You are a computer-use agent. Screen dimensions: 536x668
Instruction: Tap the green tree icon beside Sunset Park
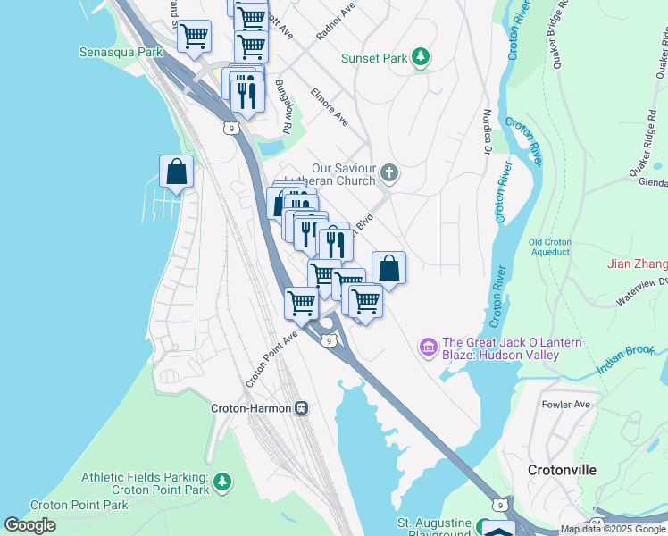tap(420, 59)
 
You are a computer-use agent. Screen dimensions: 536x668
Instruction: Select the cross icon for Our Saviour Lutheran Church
tap(388, 172)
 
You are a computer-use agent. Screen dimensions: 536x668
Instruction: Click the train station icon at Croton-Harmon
tap(302, 408)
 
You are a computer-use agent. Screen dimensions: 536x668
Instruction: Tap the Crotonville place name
tap(561, 470)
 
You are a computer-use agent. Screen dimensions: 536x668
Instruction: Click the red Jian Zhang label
tap(637, 264)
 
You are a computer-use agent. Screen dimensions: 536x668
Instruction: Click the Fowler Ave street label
tap(567, 405)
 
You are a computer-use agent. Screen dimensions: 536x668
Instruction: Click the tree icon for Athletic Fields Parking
tap(222, 483)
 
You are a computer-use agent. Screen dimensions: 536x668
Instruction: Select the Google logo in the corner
tap(29, 525)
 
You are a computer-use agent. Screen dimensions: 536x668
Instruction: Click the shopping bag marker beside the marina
tap(177, 172)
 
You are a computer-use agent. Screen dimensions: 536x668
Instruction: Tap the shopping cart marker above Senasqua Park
tap(194, 37)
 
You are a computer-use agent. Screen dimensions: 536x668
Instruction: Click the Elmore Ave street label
tap(329, 105)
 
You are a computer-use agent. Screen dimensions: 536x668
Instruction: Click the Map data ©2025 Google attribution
tap(613, 529)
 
